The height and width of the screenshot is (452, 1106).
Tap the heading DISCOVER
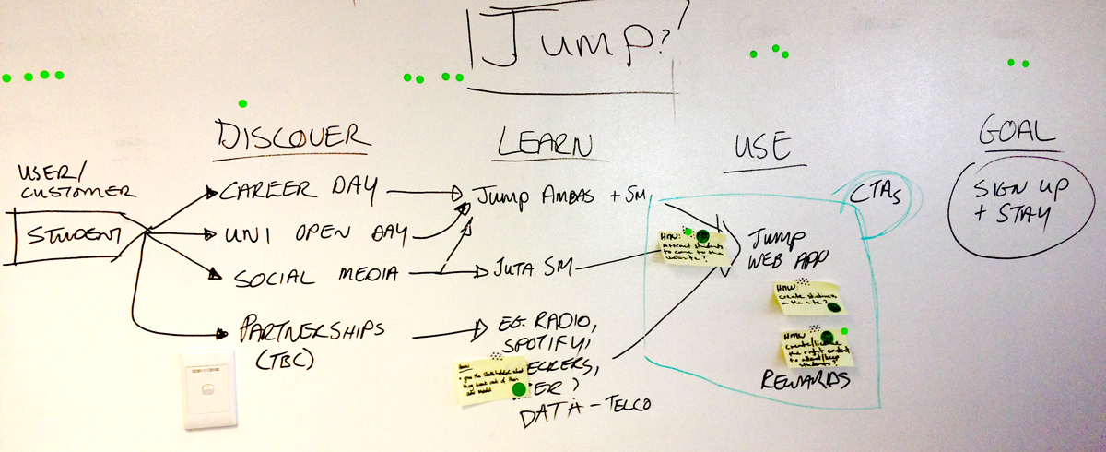[x=294, y=136]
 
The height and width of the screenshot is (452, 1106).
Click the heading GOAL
[x=1016, y=135]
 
